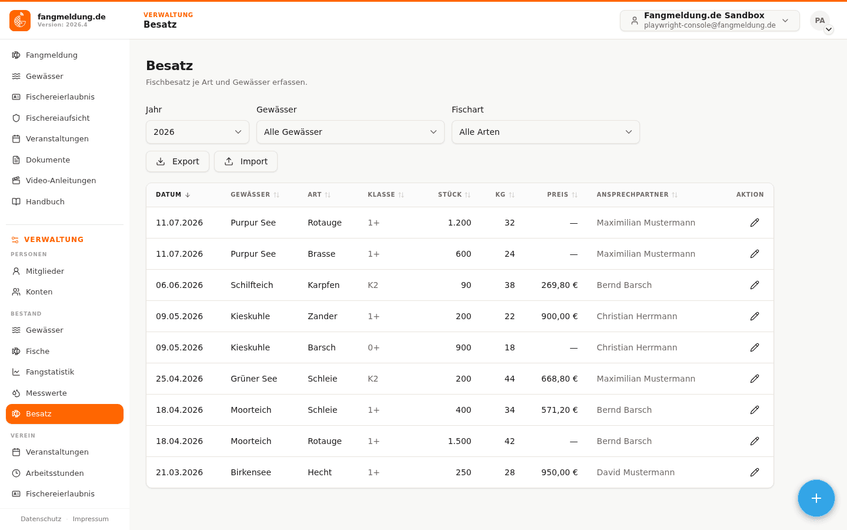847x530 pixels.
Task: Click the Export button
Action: click(178, 161)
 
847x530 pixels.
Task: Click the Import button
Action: click(246, 161)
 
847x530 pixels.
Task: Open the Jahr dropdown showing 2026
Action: click(198, 132)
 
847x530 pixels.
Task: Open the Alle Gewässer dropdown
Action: click(350, 132)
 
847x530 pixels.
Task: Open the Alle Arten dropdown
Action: click(546, 132)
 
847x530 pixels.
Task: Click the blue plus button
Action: click(816, 498)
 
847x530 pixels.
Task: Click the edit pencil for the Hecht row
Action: click(754, 472)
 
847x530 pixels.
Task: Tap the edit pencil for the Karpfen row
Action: click(754, 285)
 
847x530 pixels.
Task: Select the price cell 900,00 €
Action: click(559, 316)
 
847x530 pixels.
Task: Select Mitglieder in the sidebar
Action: click(45, 271)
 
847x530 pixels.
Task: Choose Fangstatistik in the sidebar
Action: click(50, 372)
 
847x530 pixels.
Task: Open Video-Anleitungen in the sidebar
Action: click(61, 181)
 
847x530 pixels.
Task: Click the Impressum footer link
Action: click(91, 519)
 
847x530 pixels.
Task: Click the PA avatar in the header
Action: click(820, 21)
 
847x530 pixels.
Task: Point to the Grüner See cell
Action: click(254, 379)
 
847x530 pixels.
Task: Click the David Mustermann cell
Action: click(635, 472)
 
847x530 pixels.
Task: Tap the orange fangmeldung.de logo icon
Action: click(20, 21)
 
